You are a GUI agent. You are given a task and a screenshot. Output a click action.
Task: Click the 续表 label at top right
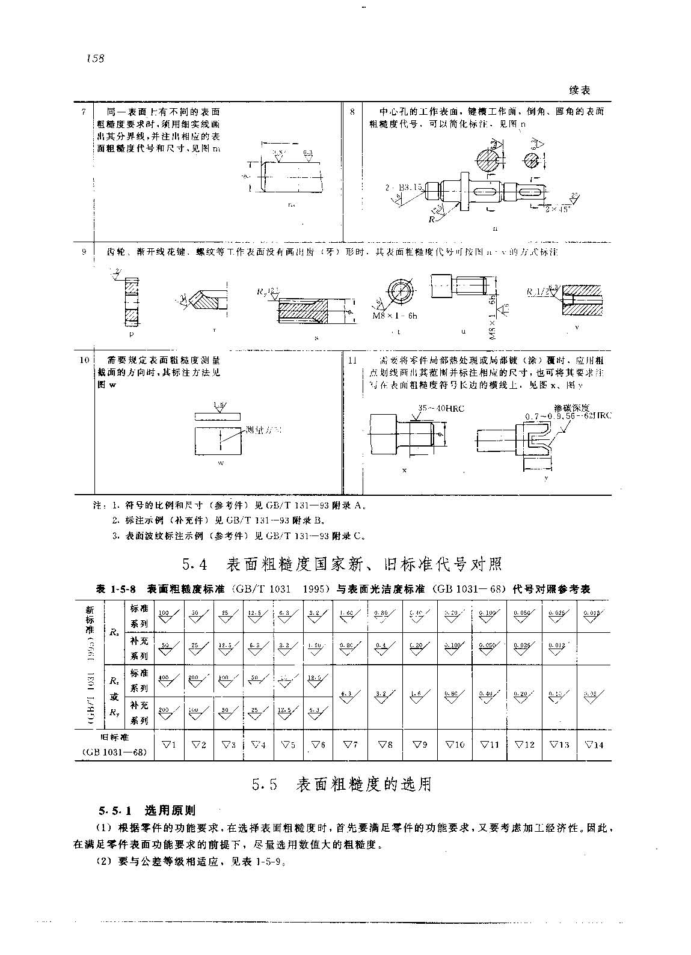[579, 90]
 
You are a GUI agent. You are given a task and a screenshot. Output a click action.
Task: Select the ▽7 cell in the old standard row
[351, 745]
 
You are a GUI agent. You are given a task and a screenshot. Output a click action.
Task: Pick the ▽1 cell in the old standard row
[169, 745]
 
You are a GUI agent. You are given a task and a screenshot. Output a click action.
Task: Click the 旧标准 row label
[114, 737]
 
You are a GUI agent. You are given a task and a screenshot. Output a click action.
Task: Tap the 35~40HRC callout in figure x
[441, 409]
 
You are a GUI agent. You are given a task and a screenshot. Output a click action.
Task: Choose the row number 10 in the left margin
[84, 360]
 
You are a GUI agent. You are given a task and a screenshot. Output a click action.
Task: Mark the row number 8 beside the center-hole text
[352, 112]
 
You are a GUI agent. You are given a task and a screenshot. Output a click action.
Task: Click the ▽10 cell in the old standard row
[455, 745]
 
